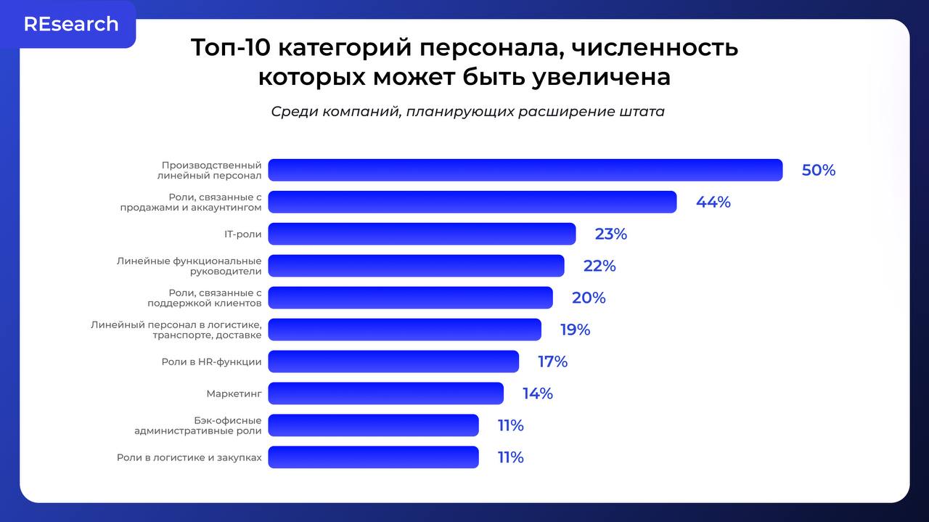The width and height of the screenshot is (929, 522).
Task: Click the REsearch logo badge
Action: click(70, 24)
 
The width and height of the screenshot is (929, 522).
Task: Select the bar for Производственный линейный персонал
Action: click(525, 170)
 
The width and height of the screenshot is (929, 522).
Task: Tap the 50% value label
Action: click(818, 171)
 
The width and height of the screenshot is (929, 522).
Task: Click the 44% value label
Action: click(713, 203)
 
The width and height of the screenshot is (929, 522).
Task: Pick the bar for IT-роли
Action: click(422, 234)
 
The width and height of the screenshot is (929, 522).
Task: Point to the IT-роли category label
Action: click(242, 235)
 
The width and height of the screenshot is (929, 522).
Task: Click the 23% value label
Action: click(610, 235)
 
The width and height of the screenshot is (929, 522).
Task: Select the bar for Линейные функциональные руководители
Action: click(416, 266)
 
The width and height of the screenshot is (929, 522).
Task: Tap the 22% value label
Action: click(599, 266)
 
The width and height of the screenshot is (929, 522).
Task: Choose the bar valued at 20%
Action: click(410, 298)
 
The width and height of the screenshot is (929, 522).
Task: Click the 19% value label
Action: click(575, 330)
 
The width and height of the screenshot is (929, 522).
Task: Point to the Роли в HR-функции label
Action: click(211, 362)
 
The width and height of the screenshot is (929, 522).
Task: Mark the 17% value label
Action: click(552, 362)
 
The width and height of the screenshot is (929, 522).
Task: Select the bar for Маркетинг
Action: click(385, 393)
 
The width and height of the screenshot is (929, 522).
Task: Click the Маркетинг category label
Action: click(234, 393)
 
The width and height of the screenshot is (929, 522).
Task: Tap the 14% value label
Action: click(537, 393)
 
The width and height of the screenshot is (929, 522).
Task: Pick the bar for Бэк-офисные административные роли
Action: click(373, 425)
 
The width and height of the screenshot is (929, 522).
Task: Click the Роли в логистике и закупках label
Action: click(189, 457)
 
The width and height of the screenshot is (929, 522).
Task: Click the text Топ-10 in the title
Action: click(230, 48)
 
